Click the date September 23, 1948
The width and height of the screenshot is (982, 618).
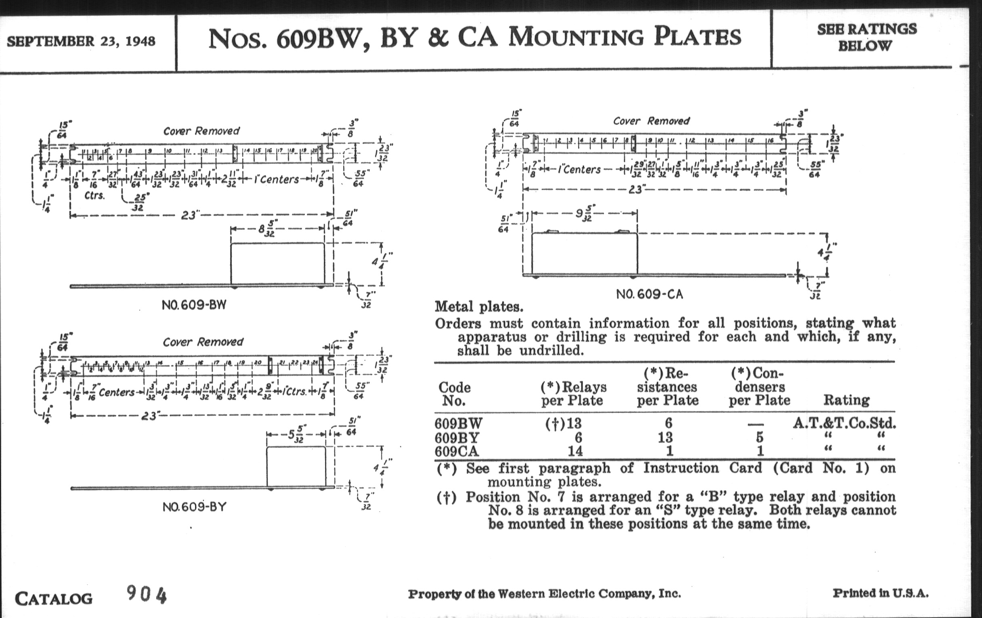coord(81,41)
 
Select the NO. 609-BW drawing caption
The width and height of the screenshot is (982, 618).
coord(194,305)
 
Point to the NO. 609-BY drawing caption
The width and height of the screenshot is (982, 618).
coord(195,507)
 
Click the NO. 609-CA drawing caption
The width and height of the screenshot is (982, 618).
coord(649,294)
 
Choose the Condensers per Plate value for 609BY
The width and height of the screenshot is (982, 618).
coord(759,438)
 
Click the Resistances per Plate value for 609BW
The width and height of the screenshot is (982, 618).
coord(668,423)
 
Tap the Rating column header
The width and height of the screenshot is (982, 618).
coord(846,400)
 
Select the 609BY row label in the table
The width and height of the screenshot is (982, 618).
coord(457,438)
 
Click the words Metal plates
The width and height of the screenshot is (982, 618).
coord(479,306)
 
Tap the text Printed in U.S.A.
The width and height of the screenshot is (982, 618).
coord(881,593)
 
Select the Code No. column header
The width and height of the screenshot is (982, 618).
coord(454,394)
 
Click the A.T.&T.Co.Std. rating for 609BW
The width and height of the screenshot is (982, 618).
coord(844,423)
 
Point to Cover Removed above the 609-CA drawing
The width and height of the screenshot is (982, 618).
coord(651,121)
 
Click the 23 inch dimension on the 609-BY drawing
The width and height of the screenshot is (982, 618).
coord(150,416)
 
